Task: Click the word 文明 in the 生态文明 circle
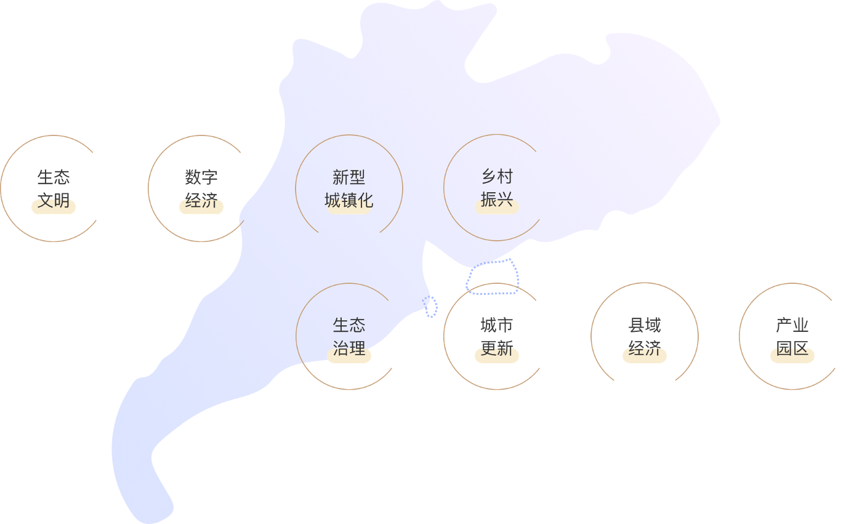pos(54,201)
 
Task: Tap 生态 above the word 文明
pos(54,177)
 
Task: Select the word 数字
pos(201,177)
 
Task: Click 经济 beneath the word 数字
pos(201,201)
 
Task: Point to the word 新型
pos(349,177)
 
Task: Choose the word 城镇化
pos(349,201)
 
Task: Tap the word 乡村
pos(497,177)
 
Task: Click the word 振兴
pos(497,201)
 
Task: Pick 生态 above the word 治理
pos(349,325)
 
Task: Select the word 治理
pos(349,349)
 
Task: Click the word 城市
pos(497,325)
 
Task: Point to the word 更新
pos(497,349)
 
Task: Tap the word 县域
pos(645,325)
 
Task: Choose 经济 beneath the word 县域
pos(645,349)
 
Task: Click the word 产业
pos(792,325)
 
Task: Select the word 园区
pos(792,349)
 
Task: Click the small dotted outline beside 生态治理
pos(431,306)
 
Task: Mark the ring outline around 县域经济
pos(592,336)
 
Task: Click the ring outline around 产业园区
pos(739,336)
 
